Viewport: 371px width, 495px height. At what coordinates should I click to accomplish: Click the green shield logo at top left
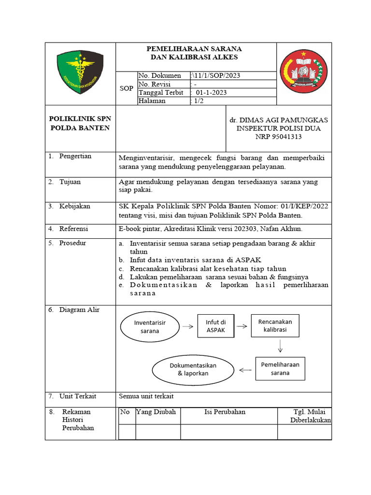click(80, 73)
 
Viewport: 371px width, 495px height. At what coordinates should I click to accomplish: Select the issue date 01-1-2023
click(211, 92)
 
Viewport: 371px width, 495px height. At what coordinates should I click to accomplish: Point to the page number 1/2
click(198, 101)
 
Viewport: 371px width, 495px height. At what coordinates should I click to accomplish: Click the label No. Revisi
click(155, 84)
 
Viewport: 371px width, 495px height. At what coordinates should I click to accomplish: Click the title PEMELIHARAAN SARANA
click(195, 49)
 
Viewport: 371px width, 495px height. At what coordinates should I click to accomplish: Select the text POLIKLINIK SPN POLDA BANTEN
click(80, 124)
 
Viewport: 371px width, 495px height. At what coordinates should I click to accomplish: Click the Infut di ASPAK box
click(215, 326)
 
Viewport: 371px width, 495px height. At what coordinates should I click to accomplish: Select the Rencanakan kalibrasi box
click(275, 325)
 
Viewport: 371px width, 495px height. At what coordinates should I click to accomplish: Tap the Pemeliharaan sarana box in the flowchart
click(280, 368)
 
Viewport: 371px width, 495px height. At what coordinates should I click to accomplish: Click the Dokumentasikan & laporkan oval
click(193, 369)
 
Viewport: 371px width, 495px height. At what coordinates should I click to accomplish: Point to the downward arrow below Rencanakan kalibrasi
click(280, 347)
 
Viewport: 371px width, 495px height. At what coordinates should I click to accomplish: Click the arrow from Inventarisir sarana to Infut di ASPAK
click(188, 326)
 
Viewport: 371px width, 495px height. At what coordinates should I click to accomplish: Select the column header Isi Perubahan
click(225, 412)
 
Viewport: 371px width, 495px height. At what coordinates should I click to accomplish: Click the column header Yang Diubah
click(156, 412)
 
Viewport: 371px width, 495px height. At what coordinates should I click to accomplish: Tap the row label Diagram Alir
click(79, 310)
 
